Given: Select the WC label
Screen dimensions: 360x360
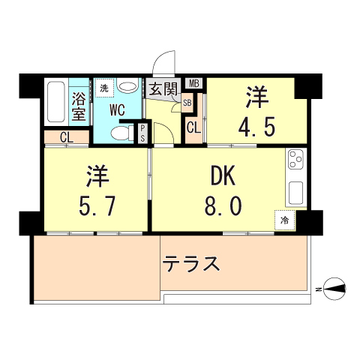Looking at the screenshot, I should (118, 110).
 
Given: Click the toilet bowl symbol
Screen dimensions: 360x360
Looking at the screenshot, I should (119, 133).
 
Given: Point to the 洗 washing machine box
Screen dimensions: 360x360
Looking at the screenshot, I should (104, 90).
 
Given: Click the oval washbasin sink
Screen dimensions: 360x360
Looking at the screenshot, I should (128, 87).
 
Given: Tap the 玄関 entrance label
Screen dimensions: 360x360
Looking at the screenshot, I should (163, 90).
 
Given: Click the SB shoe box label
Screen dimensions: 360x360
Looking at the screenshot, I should (187, 103).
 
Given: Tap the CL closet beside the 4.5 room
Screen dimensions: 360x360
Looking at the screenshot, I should (193, 127).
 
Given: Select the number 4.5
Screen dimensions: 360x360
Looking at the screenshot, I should (258, 124).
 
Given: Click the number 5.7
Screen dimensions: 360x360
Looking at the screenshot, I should (97, 205).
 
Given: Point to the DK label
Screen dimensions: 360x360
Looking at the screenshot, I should (222, 178).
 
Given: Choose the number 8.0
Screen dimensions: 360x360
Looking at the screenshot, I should (222, 205).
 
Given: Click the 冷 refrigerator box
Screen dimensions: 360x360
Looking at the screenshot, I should (284, 220).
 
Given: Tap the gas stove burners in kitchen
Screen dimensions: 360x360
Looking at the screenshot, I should (295, 160).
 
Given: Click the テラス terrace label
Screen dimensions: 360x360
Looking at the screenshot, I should (191, 264).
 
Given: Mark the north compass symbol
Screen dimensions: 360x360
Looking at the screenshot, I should (334, 286).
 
